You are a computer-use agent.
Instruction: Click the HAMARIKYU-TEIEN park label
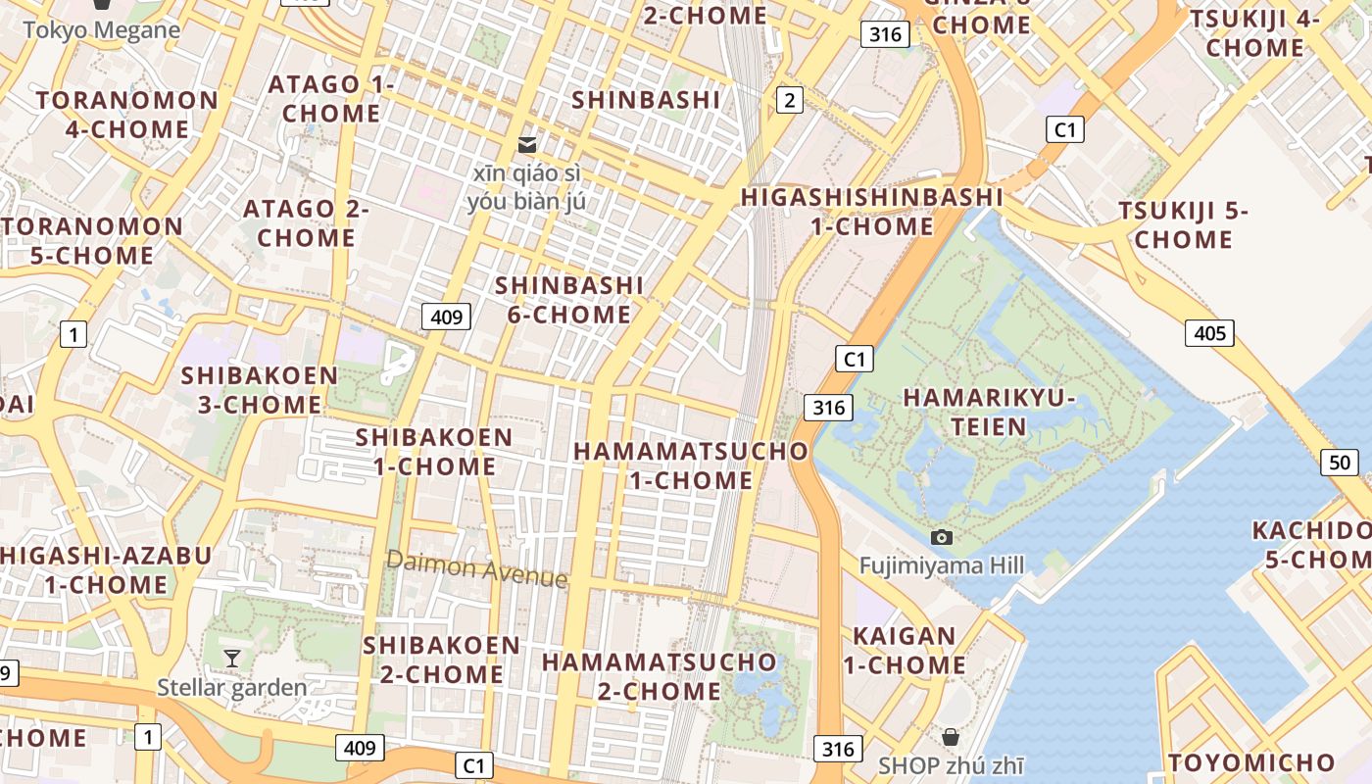pos(989,413)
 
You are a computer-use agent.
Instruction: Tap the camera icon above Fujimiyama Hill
pos(942,537)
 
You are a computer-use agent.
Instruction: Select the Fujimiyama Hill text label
pos(942,565)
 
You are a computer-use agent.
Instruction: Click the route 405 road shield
pos(1209,333)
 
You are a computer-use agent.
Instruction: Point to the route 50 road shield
pos(1340,463)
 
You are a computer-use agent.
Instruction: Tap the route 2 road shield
pos(789,99)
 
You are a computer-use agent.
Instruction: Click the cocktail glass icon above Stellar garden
pos(232,659)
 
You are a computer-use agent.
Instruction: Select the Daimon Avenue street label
pos(476,568)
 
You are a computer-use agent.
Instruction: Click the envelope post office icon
pos(527,145)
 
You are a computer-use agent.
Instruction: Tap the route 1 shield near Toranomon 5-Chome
pos(73,335)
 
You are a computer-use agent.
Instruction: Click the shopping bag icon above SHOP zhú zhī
pos(950,737)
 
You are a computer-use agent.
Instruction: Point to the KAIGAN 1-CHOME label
pos(905,651)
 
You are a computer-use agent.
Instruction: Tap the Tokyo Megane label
pos(102,29)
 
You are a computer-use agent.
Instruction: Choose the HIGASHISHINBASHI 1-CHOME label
pos(872,212)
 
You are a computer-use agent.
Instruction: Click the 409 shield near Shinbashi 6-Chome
pos(446,317)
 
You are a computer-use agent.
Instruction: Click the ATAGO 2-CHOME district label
pos(306,223)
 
